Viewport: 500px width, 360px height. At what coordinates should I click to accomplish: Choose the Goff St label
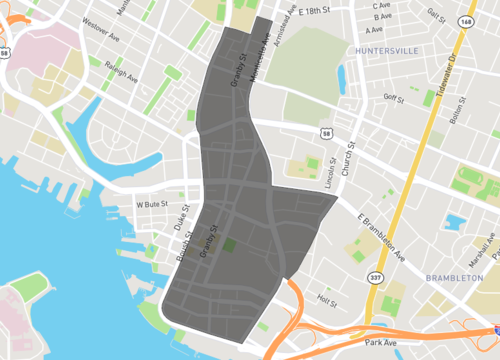click(x=393, y=98)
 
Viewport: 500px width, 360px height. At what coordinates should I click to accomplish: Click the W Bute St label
click(x=153, y=204)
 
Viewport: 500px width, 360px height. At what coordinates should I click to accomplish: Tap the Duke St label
click(x=183, y=217)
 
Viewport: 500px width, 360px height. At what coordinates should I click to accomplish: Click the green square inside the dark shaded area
click(x=230, y=246)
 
